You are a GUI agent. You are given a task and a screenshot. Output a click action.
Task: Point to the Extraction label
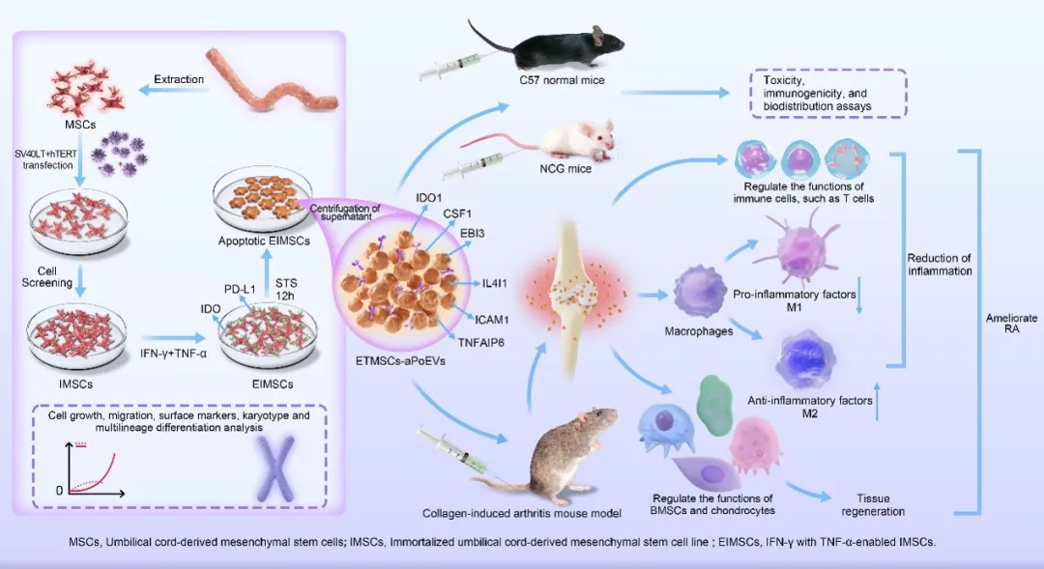point(179,79)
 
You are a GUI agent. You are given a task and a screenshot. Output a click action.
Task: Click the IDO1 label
point(428,198)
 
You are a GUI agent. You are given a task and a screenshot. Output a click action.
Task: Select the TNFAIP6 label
point(480,343)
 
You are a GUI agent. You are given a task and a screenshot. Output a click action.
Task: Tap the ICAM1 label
point(491,320)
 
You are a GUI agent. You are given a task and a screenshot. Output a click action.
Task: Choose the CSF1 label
point(456,213)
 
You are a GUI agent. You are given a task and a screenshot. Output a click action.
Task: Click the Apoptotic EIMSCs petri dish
point(262,198)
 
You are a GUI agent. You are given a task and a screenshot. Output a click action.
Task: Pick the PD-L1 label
point(240,290)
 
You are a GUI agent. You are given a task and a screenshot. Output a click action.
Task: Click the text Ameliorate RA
point(1011,324)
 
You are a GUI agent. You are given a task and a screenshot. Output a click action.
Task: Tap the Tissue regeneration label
point(873,504)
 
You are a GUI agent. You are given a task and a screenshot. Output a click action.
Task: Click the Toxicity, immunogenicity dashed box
point(828,93)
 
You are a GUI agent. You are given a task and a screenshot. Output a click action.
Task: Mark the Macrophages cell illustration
point(699,292)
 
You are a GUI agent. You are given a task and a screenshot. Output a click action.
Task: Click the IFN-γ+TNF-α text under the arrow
point(173,354)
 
